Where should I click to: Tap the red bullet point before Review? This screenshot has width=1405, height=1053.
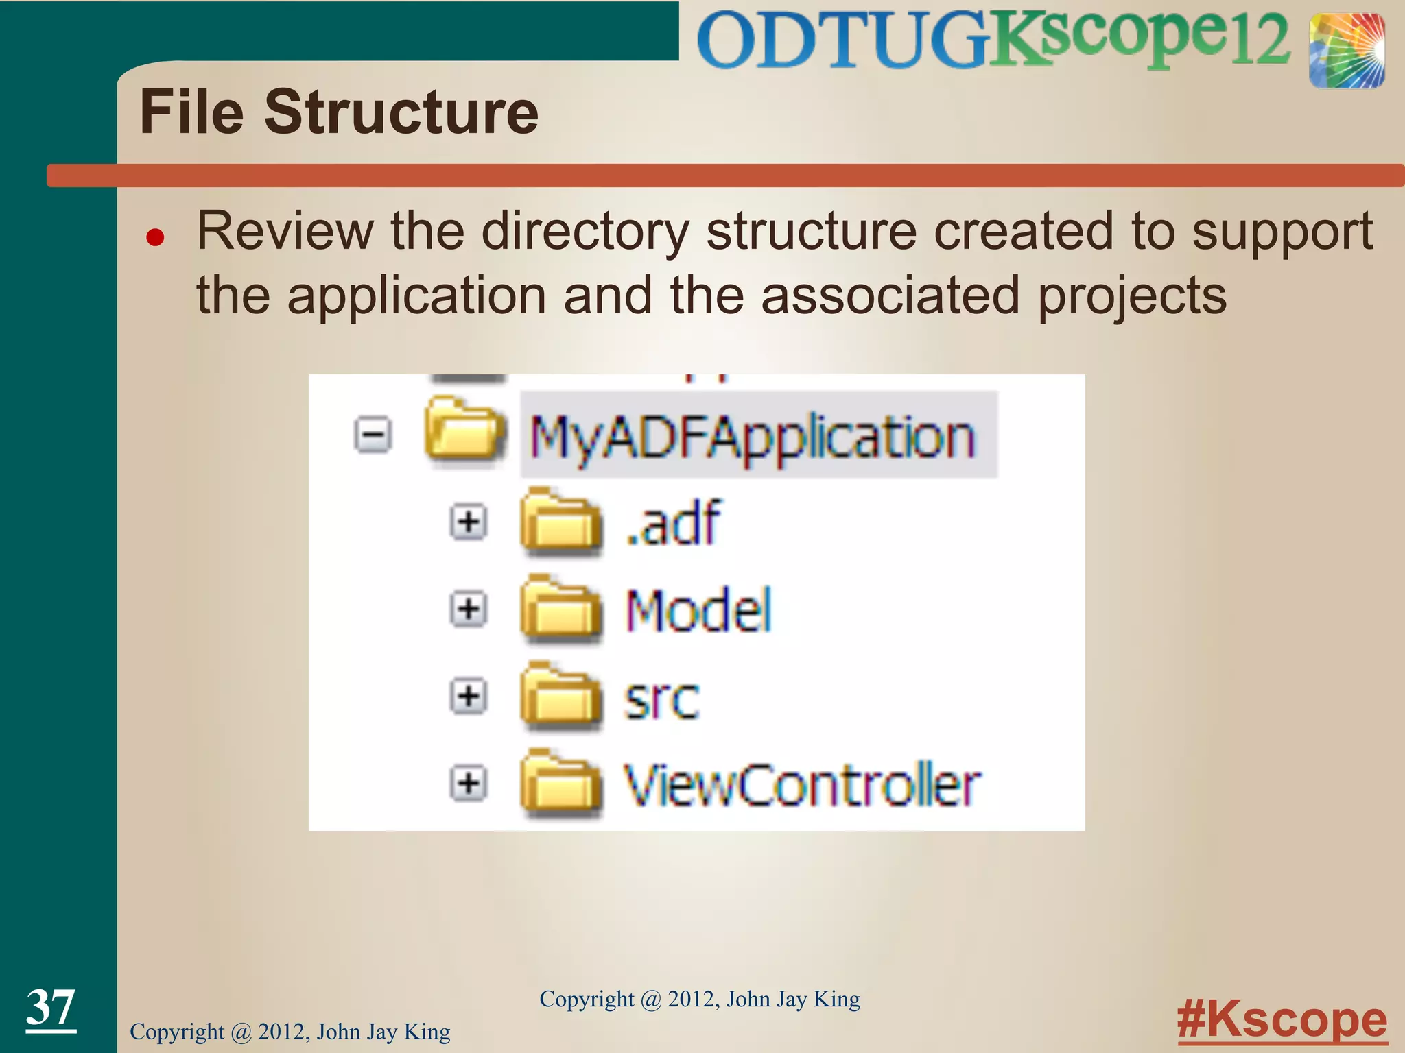click(156, 237)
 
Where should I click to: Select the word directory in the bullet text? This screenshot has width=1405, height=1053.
click(585, 232)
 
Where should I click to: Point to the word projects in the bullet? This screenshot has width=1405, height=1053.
click(1131, 296)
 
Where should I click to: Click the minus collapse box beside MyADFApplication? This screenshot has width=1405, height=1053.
click(373, 435)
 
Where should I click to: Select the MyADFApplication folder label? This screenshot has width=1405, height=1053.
click(752, 437)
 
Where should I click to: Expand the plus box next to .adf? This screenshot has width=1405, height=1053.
click(469, 522)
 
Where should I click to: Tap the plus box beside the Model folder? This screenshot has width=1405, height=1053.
click(469, 609)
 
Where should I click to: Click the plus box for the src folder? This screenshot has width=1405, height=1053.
click(469, 697)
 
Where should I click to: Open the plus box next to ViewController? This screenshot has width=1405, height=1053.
click(469, 783)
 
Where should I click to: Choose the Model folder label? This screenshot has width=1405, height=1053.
click(698, 610)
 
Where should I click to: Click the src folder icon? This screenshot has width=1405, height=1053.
click(560, 695)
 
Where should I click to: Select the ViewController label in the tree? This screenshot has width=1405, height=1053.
click(801, 785)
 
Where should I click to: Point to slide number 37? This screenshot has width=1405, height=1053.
click(51, 1007)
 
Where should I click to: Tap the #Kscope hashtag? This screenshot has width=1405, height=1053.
click(1282, 1020)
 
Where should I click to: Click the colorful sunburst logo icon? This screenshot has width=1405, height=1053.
click(1346, 51)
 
